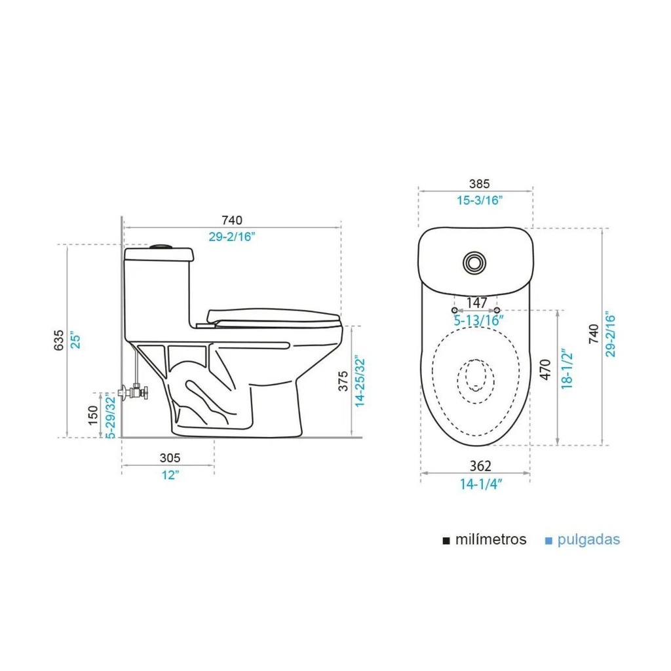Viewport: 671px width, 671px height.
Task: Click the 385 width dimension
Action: (479, 183)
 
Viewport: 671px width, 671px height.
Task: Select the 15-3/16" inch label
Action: (479, 201)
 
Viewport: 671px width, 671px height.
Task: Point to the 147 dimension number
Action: (476, 303)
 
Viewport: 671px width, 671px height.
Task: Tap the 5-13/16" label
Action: (478, 320)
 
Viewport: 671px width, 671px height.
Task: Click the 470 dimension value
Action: (545, 370)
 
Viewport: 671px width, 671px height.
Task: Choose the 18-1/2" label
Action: (567, 368)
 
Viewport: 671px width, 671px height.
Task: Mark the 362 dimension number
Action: (480, 466)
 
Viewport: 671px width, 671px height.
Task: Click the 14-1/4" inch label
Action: (480, 484)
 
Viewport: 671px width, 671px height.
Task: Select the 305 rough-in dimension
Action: (170, 457)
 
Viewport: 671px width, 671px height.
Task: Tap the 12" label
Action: (170, 475)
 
